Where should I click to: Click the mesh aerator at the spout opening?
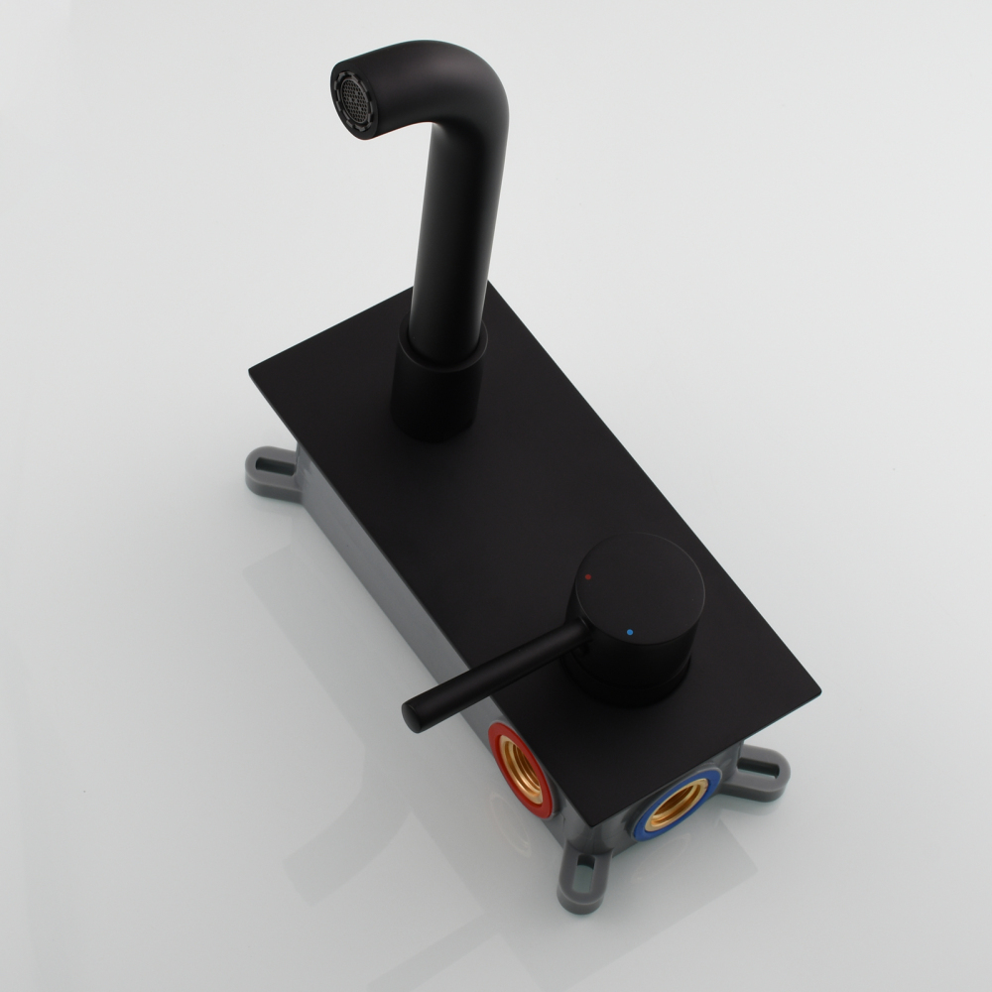[353, 96]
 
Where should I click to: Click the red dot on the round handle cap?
[588, 576]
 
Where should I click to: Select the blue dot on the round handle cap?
[630, 630]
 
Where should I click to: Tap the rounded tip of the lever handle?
[413, 714]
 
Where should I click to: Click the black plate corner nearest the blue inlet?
[601, 822]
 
